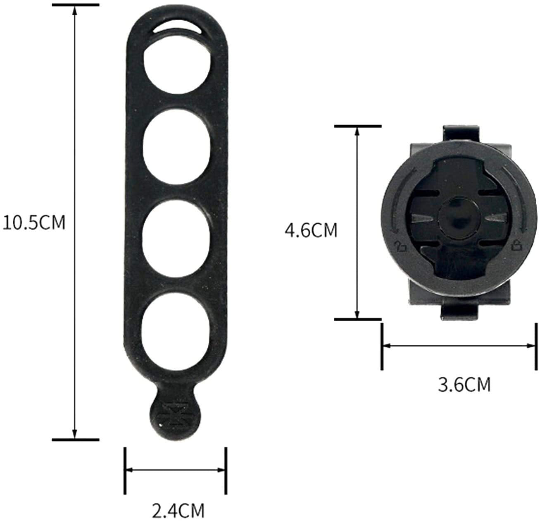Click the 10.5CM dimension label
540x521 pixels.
pyautogui.click(x=34, y=223)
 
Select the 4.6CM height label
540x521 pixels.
pyautogui.click(x=311, y=230)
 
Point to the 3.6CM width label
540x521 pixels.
pyautogui.click(x=464, y=385)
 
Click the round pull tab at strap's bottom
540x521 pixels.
pyautogui.click(x=175, y=416)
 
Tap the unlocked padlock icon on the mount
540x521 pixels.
pyautogui.click(x=400, y=247)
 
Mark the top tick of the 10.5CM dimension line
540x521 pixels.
pyautogui.click(x=75, y=5)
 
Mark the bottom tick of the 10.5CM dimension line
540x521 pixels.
pyautogui.click(x=75, y=439)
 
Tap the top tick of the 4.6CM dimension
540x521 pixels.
pyautogui.click(x=357, y=126)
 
